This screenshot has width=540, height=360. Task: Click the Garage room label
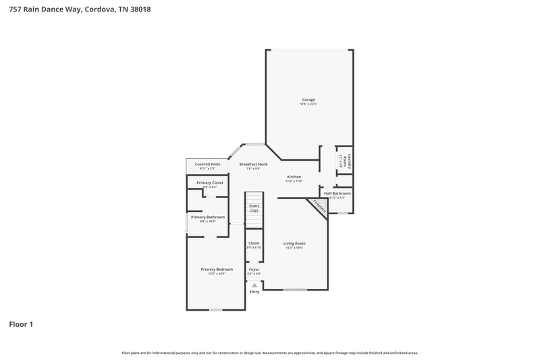tap(308, 99)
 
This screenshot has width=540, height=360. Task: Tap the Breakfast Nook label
tap(253, 164)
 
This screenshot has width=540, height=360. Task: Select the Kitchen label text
tap(294, 176)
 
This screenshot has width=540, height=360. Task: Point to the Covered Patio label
tap(207, 164)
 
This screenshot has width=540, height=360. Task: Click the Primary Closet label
tap(209, 182)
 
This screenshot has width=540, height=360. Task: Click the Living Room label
tap(294, 243)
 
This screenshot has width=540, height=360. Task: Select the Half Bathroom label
tap(337, 193)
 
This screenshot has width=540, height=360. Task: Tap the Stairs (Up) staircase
tap(254, 208)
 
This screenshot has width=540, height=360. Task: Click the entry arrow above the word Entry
tap(254, 285)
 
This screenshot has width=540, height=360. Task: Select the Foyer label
tap(254, 269)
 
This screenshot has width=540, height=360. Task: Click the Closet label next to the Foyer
tap(254, 243)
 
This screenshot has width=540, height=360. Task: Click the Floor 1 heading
tap(21, 324)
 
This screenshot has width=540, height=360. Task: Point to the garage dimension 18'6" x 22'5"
tap(308, 104)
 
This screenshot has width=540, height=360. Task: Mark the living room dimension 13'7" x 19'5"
tap(294, 248)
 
